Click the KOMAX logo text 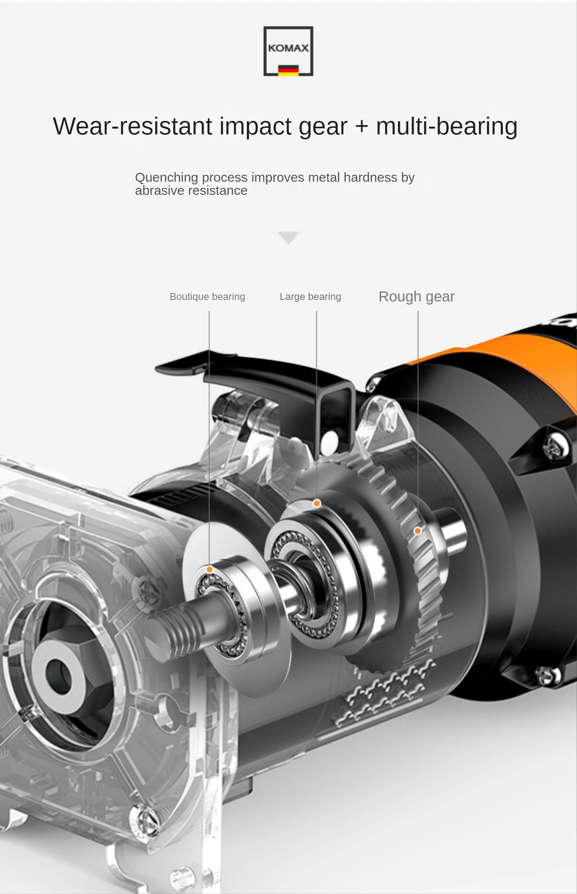click(288, 48)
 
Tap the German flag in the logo click(288, 70)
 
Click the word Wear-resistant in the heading click(132, 126)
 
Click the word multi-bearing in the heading click(447, 127)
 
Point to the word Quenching click(167, 177)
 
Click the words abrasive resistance click(191, 191)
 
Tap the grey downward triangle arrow click(288, 238)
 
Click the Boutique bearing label click(207, 296)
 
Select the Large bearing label click(310, 296)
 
